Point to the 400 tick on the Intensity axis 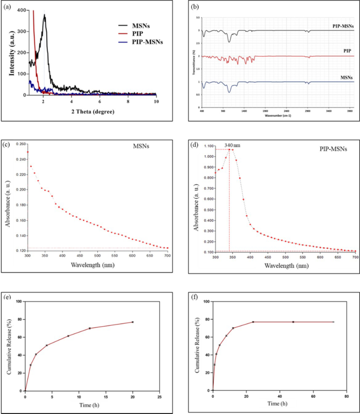click(x=20, y=10)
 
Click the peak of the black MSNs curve click(x=45, y=15)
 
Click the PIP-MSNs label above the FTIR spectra click(x=343, y=25)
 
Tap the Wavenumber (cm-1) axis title click(x=277, y=116)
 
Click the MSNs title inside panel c click(x=140, y=147)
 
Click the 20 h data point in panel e click(x=132, y=322)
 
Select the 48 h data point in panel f click(x=293, y=322)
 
